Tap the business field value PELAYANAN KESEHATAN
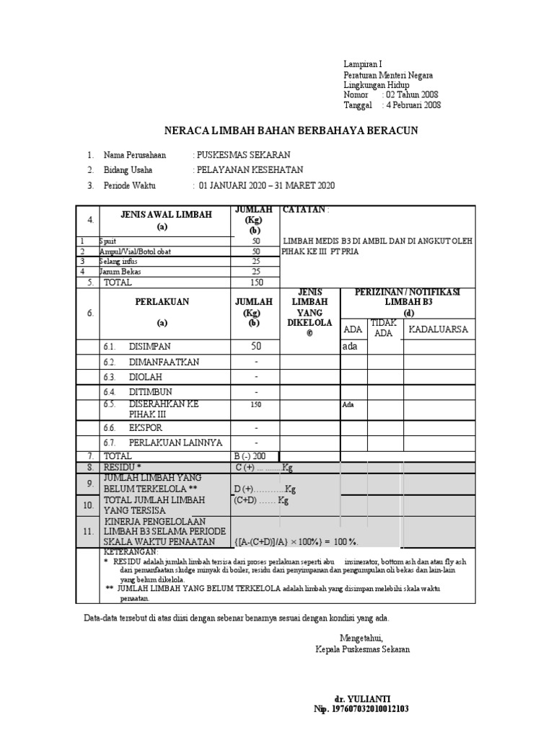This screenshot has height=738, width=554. [x=249, y=170]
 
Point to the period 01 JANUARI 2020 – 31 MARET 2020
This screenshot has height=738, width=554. [x=266, y=185]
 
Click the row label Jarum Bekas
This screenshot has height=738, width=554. [x=120, y=272]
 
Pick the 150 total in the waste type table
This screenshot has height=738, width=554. [x=255, y=283]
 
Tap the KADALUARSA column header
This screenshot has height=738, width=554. [x=439, y=329]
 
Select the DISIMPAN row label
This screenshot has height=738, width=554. [x=150, y=347]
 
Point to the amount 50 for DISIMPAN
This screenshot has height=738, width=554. [x=255, y=347]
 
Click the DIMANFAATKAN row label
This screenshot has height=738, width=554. [x=164, y=362]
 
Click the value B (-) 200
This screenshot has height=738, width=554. [x=250, y=456]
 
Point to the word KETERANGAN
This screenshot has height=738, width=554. [x=131, y=551]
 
